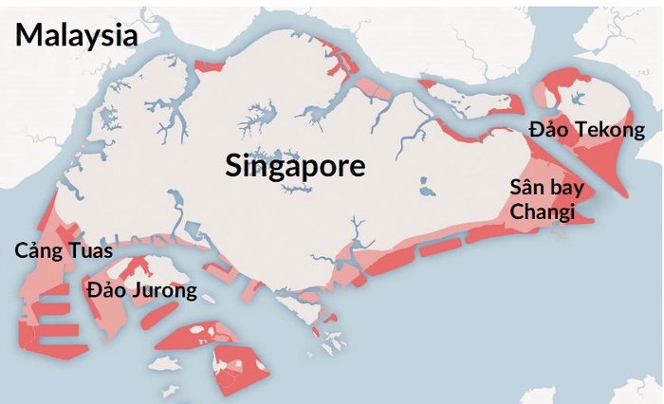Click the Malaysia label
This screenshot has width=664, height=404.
(76, 35)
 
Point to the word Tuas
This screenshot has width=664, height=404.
(90, 251)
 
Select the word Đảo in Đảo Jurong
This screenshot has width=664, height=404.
(104, 289)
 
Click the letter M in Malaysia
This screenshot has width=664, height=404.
(28, 35)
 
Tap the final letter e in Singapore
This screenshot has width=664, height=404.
(357, 167)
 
